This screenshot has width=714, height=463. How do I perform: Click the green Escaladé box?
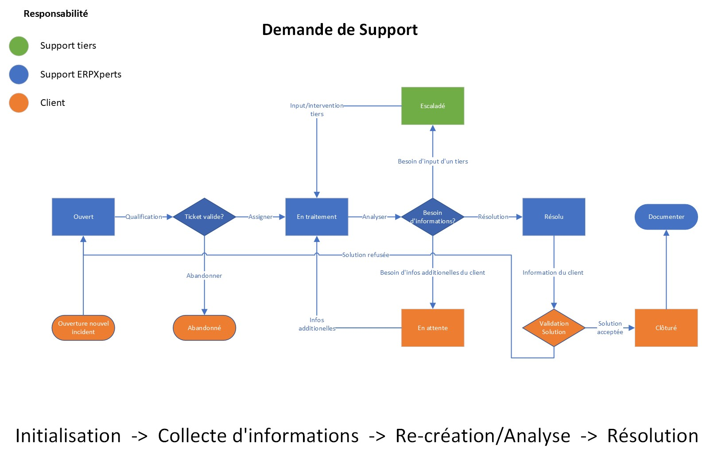click(x=432, y=106)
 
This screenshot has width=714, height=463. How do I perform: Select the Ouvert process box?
click(x=83, y=217)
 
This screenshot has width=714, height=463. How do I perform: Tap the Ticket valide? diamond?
click(x=204, y=217)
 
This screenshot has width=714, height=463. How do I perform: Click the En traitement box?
click(x=317, y=217)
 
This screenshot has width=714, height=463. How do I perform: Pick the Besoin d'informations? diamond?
click(x=432, y=217)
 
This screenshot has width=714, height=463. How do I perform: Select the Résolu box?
click(x=554, y=217)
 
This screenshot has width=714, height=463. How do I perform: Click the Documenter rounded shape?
click(x=666, y=217)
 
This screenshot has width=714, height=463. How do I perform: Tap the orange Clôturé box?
click(x=666, y=328)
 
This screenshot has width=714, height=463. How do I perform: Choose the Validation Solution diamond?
click(x=554, y=328)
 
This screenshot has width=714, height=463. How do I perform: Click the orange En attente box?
click(x=432, y=328)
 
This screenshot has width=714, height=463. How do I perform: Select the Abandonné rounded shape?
click(x=204, y=328)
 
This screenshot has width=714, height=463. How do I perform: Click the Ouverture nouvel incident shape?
click(x=83, y=328)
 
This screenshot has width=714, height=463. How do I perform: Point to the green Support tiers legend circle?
click(x=19, y=46)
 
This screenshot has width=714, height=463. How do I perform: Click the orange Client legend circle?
click(x=19, y=103)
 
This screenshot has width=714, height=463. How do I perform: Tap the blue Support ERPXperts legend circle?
click(x=19, y=74)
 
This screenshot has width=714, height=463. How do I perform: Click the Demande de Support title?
click(x=340, y=30)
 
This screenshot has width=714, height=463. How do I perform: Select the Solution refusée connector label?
click(x=365, y=255)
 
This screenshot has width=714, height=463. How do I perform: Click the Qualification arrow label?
click(x=144, y=217)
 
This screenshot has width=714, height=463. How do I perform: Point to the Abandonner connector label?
click(x=204, y=276)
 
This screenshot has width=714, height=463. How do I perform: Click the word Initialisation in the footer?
click(x=68, y=436)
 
